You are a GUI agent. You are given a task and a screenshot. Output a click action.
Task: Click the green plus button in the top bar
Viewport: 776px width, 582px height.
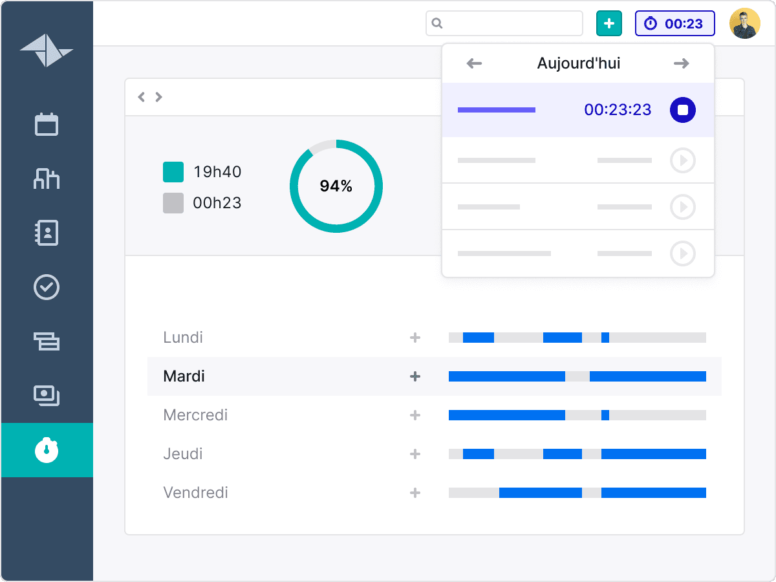(609, 24)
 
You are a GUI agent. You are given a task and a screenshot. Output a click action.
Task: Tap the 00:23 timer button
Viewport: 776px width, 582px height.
(674, 24)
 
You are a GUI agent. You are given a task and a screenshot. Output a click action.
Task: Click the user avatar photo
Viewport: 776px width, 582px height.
(744, 24)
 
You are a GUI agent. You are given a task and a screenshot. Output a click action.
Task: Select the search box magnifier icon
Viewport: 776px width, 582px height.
(437, 24)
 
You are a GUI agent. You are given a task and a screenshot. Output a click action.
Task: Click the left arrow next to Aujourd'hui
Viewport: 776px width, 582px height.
(475, 63)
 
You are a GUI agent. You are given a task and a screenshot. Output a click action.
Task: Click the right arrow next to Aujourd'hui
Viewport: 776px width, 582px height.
(681, 63)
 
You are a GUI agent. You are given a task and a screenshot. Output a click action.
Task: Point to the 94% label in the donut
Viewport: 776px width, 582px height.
(336, 186)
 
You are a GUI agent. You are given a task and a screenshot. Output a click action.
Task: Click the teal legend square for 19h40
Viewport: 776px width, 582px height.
(173, 172)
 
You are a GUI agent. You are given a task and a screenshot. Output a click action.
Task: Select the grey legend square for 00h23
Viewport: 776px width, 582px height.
(173, 203)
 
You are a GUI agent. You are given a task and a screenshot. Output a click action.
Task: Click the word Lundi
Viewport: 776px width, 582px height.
(183, 338)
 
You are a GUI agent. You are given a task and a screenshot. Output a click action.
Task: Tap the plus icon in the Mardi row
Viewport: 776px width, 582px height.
(415, 376)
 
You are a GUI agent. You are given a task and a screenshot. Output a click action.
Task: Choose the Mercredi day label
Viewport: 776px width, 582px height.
(195, 415)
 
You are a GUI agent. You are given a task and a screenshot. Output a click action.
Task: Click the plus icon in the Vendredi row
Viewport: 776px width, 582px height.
(415, 493)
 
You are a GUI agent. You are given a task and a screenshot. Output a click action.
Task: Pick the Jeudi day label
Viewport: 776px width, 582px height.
(183, 454)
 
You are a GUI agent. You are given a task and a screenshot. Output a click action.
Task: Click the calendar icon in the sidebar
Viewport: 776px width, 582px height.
(47, 124)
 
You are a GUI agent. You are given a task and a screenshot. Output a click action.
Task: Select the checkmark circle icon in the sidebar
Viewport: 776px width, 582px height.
(47, 287)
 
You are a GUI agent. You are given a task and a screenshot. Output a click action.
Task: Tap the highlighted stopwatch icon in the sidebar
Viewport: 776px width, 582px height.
(47, 450)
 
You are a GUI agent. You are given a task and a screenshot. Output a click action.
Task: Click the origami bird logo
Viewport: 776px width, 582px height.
(47, 50)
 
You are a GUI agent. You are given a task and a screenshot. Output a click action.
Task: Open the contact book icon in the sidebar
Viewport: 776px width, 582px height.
(47, 233)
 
